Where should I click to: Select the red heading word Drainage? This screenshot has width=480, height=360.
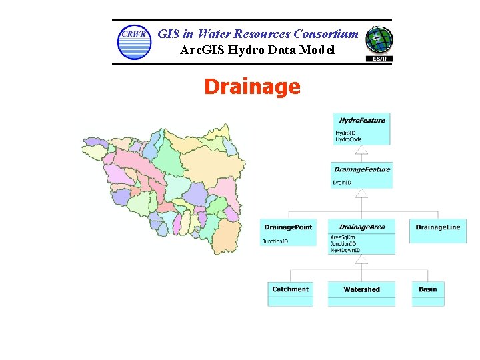click(x=252, y=87)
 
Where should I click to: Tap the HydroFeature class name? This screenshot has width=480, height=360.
click(x=361, y=120)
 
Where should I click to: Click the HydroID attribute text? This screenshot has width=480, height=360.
click(x=345, y=133)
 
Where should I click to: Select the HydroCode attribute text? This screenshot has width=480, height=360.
click(x=348, y=139)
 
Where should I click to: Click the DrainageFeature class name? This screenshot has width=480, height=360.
click(x=361, y=169)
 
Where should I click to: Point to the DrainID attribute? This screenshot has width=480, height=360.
click(x=343, y=183)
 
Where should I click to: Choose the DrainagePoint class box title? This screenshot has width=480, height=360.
click(x=288, y=227)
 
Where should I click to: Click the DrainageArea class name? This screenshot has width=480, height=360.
click(x=361, y=227)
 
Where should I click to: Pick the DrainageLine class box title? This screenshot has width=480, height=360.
click(x=437, y=227)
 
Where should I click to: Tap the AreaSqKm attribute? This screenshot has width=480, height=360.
click(x=343, y=237)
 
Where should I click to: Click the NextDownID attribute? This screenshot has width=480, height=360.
click(x=345, y=250)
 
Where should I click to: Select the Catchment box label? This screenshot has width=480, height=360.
click(x=290, y=289)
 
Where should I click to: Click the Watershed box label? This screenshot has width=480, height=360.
click(x=361, y=289)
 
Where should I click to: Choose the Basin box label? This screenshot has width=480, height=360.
click(x=428, y=289)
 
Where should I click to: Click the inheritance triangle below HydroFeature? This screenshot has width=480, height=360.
click(x=361, y=151)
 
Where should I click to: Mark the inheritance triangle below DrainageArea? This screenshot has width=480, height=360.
click(x=361, y=259)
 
